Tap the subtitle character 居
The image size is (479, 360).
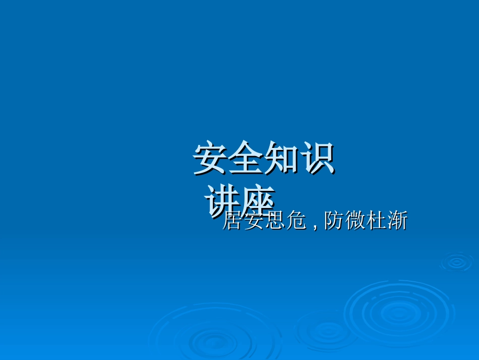click(x=232, y=221)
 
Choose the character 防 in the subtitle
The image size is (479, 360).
click(x=333, y=221)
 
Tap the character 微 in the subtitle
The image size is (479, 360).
click(x=354, y=221)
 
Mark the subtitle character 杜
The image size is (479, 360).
click(x=376, y=221)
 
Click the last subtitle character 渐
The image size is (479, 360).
click(x=397, y=221)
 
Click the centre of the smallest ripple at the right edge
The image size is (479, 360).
click(x=457, y=262)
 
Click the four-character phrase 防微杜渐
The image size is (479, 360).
click(x=365, y=221)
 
